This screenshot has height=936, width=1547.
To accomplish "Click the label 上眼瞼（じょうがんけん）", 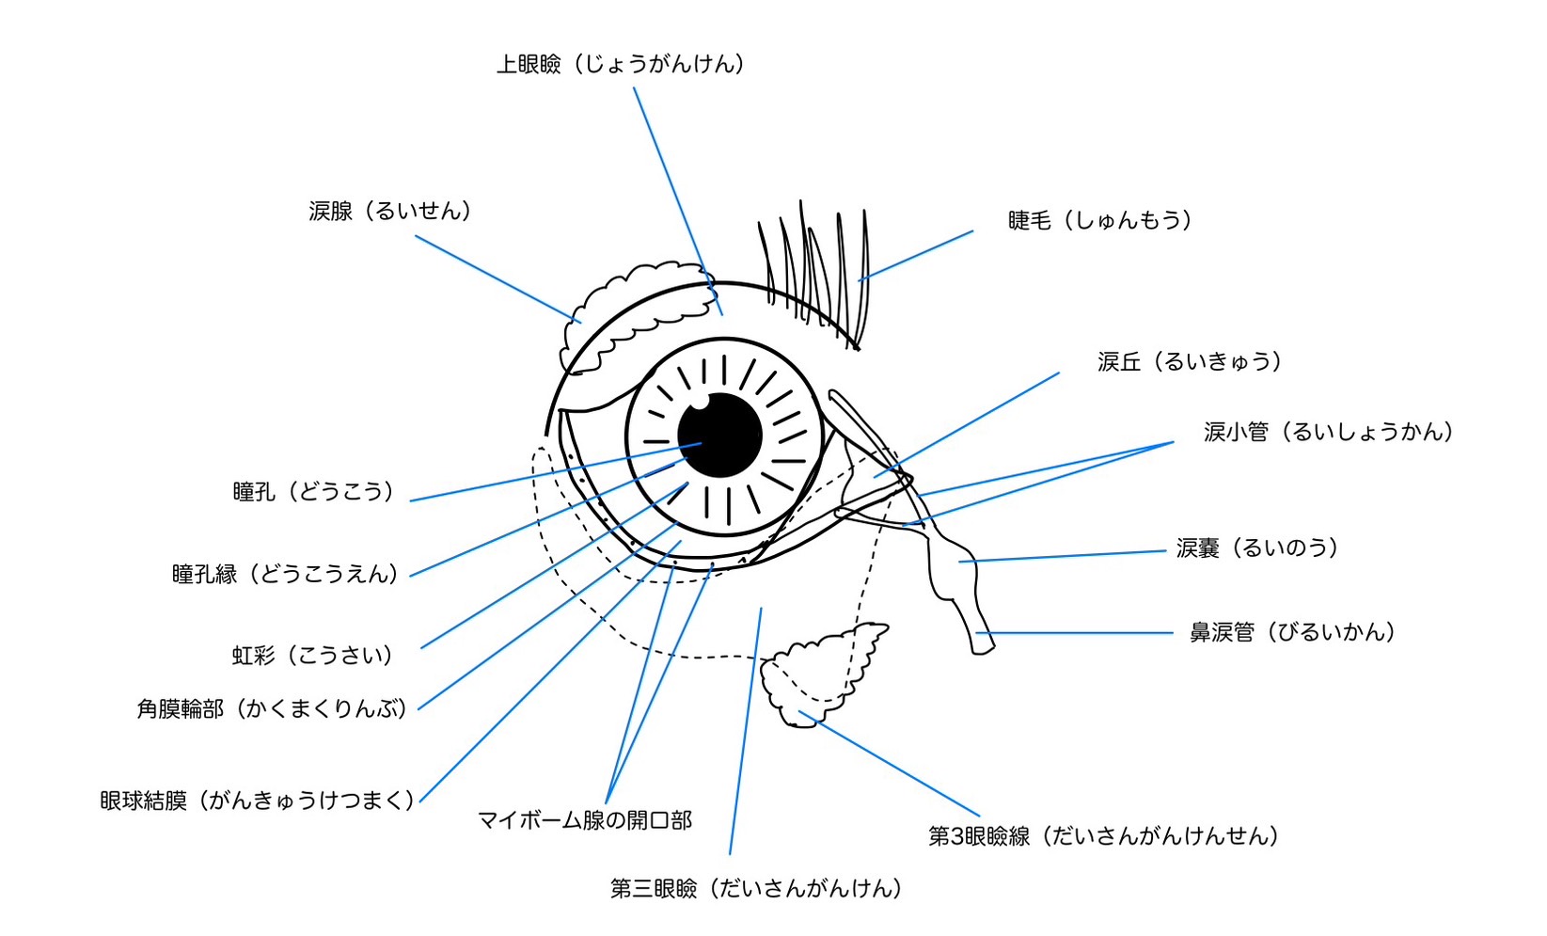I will click(x=621, y=64).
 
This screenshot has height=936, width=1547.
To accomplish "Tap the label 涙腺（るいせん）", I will click(x=390, y=211).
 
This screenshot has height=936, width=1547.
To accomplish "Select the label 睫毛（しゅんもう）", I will click(x=1099, y=220).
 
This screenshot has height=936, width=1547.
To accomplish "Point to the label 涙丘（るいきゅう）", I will click(x=1189, y=361).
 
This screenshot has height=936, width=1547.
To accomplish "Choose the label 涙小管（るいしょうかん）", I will click(x=1328, y=432).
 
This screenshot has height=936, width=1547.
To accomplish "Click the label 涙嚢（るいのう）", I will click(x=1256, y=547).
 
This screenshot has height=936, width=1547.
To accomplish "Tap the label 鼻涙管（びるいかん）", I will click(x=1291, y=632).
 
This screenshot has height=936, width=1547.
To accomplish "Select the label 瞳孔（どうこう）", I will click(x=314, y=491).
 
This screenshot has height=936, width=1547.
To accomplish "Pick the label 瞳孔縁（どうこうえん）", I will click(x=286, y=574).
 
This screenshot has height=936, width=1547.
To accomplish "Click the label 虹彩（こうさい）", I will click(x=313, y=656).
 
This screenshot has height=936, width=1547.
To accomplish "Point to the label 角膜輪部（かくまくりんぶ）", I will click(x=273, y=708).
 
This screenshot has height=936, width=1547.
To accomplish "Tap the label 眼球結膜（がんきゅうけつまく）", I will click(x=258, y=801).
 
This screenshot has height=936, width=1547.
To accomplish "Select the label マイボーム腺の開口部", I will click(x=584, y=820).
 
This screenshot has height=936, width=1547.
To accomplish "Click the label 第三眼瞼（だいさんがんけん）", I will click(x=755, y=888).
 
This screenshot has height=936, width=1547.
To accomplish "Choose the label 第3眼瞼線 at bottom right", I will click(x=1102, y=835).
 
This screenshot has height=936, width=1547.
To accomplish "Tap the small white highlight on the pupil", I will click(x=701, y=403).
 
